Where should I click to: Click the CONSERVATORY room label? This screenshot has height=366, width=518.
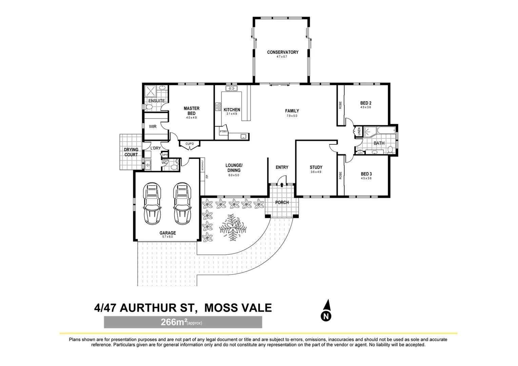pos(282,52)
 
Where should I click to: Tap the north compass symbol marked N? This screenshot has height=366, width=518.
pos(326,311)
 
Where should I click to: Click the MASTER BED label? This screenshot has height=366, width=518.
pos(192,111)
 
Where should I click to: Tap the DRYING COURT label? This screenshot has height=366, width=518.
pos(131,152)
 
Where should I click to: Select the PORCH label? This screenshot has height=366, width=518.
pos(282,203)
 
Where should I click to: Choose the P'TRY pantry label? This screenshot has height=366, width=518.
pos(223,131)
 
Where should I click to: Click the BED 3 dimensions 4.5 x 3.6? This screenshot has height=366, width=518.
pos(366,178)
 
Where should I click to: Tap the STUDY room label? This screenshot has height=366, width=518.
pos(316,167)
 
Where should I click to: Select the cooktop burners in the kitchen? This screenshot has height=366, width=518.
pos(218,107)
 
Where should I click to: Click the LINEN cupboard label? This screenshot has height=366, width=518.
pos(359,131)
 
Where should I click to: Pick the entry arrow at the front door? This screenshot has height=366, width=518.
pos(282,184)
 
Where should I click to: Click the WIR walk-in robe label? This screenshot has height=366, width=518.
pos(153,126)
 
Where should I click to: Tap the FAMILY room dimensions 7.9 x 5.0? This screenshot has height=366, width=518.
pos(292,116)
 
